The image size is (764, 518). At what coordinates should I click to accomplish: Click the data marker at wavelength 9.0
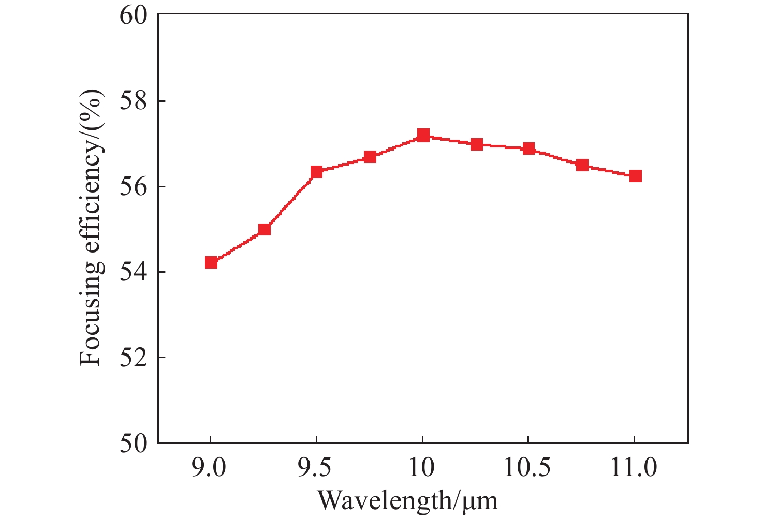(211, 262)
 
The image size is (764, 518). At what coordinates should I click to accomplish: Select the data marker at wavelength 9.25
(264, 229)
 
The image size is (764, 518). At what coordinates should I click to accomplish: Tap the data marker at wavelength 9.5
(317, 172)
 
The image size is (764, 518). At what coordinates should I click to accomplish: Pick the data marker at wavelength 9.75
(370, 157)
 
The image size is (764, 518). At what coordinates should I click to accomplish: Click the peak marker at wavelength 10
(423, 136)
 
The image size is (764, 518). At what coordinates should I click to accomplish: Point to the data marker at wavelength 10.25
(477, 144)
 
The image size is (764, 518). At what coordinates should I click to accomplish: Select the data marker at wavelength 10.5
(528, 149)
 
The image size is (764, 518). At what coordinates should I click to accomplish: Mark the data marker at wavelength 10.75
(582, 165)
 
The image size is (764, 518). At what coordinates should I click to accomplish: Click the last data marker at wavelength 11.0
(636, 176)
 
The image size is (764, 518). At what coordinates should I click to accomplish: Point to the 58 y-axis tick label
(134, 101)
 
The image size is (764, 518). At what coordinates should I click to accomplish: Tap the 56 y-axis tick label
(134, 187)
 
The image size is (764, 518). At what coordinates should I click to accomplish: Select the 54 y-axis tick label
(134, 272)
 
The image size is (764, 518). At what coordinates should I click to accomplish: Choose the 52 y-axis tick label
(134, 358)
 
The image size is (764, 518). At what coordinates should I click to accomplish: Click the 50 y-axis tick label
(134, 443)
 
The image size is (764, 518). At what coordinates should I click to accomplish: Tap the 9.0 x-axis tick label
(210, 468)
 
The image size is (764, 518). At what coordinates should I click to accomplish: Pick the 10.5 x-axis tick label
(528, 468)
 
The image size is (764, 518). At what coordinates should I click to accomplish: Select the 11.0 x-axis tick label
(634, 468)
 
